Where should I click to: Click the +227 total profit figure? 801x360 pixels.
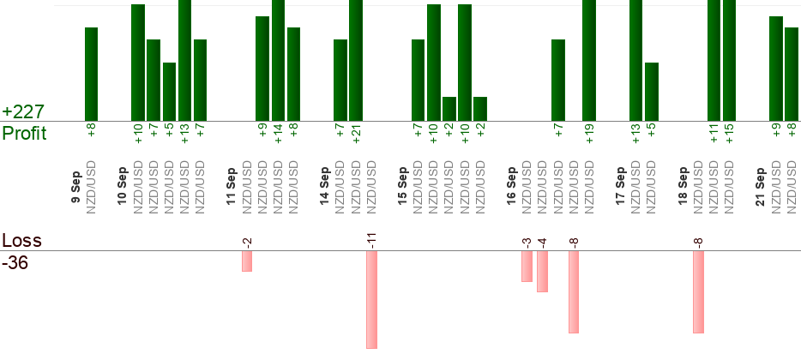23,111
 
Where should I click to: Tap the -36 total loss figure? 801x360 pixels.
15,263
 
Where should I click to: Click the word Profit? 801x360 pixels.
25,133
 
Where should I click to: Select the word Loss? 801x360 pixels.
22,241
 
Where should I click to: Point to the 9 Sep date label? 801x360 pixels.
76,186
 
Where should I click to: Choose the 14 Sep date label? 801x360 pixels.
325,186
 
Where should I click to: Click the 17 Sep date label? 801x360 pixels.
621,186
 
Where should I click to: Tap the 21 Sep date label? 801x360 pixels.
761,186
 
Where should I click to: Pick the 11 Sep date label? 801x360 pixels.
232,186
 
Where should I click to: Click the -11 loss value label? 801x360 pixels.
371,241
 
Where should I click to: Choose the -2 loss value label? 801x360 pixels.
247,243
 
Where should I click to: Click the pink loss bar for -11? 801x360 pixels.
371,300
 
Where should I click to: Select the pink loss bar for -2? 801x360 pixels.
247,261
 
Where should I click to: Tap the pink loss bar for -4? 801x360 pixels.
543,271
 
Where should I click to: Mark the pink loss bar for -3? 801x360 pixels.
527,266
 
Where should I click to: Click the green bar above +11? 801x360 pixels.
714,60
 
